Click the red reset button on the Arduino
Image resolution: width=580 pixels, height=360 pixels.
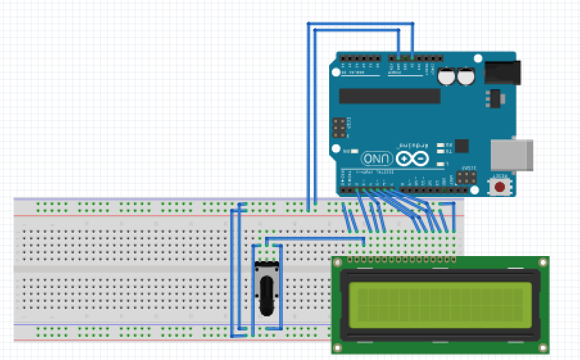[x=500, y=187]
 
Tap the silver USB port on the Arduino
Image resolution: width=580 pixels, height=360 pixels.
[x=511, y=155]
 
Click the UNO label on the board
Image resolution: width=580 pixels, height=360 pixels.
[x=377, y=159]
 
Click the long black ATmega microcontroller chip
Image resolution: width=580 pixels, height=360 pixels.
[x=389, y=96]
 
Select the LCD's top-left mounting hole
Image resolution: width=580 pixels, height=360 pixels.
[x=338, y=262]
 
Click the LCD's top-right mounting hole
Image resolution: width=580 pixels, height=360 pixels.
[x=543, y=262]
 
